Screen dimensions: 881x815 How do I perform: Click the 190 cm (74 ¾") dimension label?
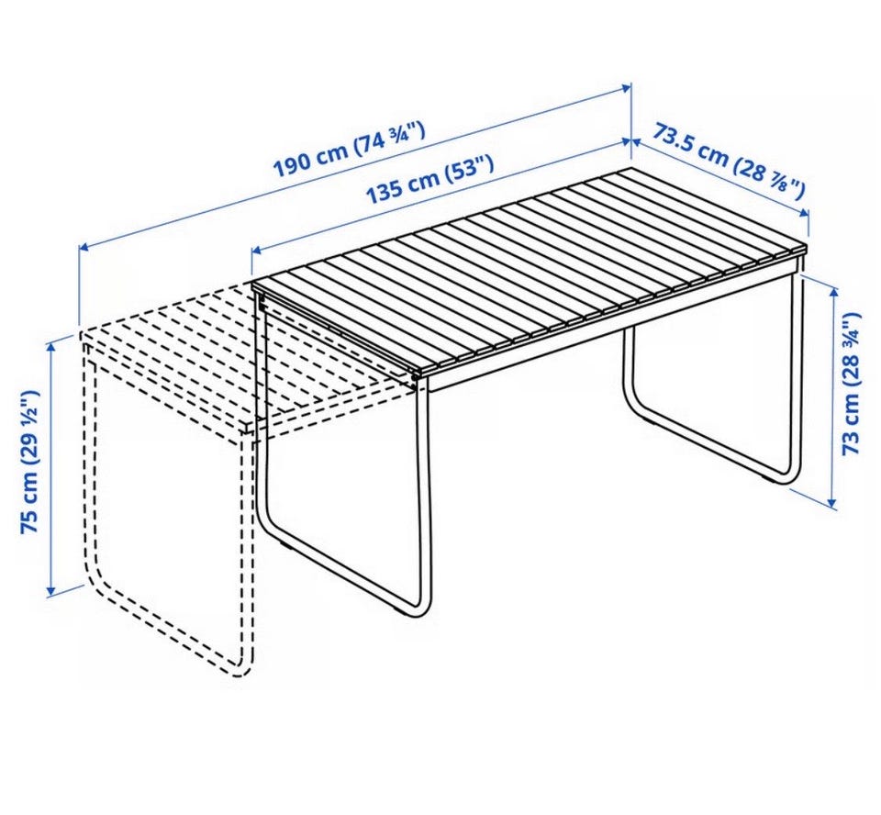point(349,150)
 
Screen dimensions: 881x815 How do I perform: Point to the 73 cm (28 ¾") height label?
point(853,382)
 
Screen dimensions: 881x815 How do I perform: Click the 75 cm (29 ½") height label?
point(29,462)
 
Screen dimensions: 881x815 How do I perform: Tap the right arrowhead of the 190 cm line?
point(627,88)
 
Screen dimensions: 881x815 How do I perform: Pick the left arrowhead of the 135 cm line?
point(255,251)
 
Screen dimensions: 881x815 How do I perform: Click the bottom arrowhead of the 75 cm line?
point(51,590)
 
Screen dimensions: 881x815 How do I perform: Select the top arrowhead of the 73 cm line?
point(833,289)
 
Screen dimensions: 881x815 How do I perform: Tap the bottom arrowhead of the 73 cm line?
point(833,502)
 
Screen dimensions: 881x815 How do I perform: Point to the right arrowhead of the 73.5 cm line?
point(805,212)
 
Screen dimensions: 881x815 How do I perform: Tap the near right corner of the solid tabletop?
point(417,374)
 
